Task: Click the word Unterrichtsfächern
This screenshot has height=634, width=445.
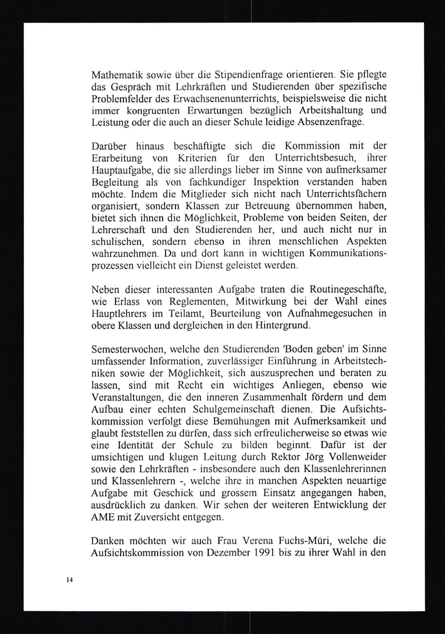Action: pyautogui.click(x=346, y=194)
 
